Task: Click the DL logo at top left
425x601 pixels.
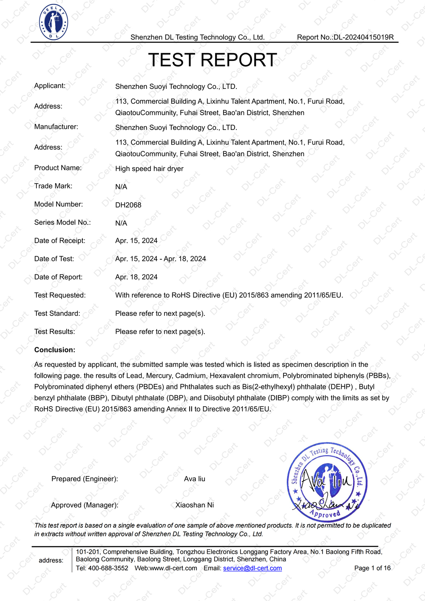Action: pos(54,23)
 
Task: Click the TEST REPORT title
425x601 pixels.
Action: pos(212,60)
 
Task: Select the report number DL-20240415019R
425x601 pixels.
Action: pos(363,37)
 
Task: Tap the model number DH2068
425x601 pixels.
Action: pos(128,205)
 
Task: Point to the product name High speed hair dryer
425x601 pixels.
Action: pos(149,169)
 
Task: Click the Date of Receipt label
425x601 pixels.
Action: pos(60,241)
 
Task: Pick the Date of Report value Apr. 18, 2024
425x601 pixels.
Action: pos(136,277)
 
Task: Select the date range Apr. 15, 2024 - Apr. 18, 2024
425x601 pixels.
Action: pos(161,259)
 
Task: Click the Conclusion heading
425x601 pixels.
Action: pos(55,350)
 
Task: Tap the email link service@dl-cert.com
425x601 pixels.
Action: pos(252,568)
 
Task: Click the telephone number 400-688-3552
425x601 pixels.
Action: pos(108,568)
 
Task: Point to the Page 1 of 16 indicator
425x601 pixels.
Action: pos(372,568)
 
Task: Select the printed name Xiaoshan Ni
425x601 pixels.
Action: pos(195,505)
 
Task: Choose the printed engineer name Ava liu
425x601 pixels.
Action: pos(195,479)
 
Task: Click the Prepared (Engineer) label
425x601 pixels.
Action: pos(85,479)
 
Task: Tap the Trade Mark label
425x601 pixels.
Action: pos(54,186)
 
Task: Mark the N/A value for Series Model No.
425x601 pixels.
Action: pos(121,223)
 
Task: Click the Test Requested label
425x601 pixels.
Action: pos(60,295)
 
